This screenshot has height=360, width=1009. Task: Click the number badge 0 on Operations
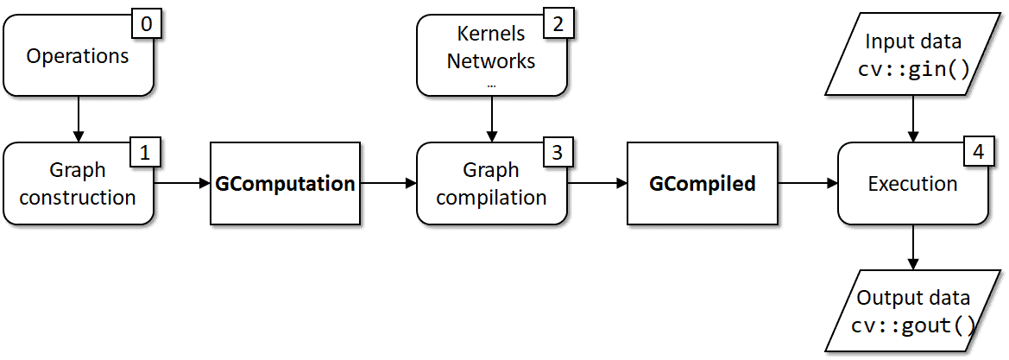tap(146, 24)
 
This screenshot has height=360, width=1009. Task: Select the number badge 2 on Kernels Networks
tap(558, 24)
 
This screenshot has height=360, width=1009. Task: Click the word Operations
tap(78, 57)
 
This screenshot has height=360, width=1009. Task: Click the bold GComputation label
tap(285, 184)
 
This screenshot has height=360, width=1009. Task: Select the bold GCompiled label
tap(703, 184)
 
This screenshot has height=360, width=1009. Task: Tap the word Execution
tap(912, 184)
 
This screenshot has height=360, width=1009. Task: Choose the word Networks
tap(491, 61)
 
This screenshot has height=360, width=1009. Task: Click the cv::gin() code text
tap(913, 69)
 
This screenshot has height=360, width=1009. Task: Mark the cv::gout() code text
tap(913, 325)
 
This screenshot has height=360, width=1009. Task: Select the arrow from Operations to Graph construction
tap(79, 118)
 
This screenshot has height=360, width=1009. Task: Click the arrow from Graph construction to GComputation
tap(182, 183)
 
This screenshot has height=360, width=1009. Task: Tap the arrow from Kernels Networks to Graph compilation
tap(492, 118)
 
